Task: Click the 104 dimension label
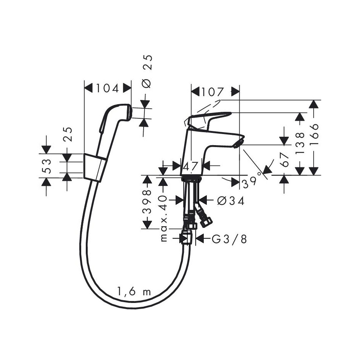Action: click(108, 88)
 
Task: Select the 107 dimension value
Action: click(213, 92)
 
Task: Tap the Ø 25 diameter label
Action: click(147, 71)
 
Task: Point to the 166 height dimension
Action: click(314, 134)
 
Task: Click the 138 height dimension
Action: click(300, 143)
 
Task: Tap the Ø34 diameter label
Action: click(231, 201)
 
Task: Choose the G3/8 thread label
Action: click(229, 239)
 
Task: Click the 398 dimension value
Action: click(147, 202)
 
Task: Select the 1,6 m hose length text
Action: click(134, 292)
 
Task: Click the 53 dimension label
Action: click(46, 165)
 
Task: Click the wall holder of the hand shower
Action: click(95, 167)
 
